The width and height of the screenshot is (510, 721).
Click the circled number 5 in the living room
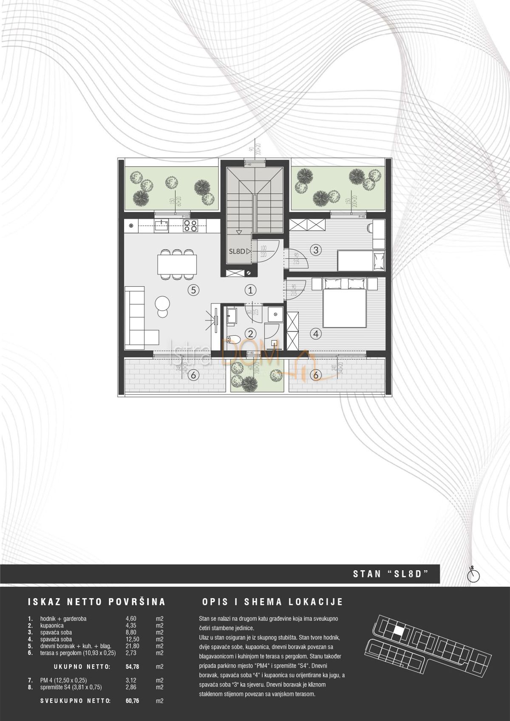point(193,291)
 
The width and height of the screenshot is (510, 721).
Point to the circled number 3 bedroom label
point(315,250)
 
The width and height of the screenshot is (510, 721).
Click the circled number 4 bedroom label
point(315,334)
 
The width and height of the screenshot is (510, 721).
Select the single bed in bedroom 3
point(361,260)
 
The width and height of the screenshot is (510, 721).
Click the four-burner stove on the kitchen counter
point(190,226)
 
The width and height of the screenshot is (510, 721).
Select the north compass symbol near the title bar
point(473,576)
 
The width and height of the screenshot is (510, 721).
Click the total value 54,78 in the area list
point(132,667)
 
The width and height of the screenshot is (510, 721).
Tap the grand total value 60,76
point(132,701)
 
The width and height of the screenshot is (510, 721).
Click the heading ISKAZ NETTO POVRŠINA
point(96,602)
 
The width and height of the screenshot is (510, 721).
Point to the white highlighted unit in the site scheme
point(397,631)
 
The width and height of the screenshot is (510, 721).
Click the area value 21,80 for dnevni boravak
point(128,646)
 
